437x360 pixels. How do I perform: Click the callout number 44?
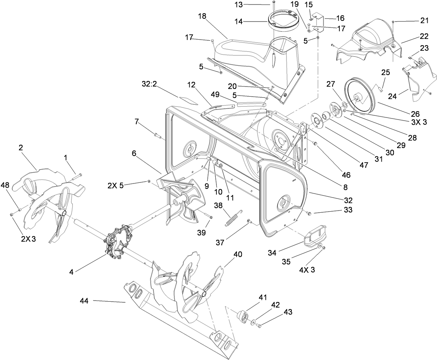(84, 301)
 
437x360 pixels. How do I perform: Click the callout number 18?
(203, 16)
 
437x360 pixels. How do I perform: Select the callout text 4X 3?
(307, 270)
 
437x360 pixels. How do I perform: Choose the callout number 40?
(237, 254)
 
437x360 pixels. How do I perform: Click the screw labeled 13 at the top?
(274, 3)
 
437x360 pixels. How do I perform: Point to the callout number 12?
(192, 84)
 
